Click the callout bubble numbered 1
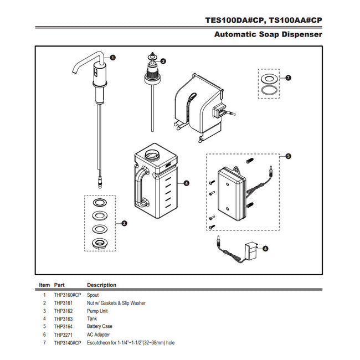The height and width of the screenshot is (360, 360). point(112,57)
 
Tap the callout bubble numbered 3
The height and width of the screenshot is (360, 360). point(163,61)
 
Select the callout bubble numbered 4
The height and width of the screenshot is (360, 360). point(187,183)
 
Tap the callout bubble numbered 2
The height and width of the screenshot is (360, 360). point(124,224)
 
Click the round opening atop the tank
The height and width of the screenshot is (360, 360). point(152,152)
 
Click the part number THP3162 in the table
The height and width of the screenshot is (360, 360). point(62,311)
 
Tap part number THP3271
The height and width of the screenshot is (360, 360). point(62,335)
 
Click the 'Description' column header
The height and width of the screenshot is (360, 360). point(102,285)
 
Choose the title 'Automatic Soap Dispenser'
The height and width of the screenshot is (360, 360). point(268,34)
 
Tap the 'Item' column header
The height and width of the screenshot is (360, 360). point(44,285)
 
